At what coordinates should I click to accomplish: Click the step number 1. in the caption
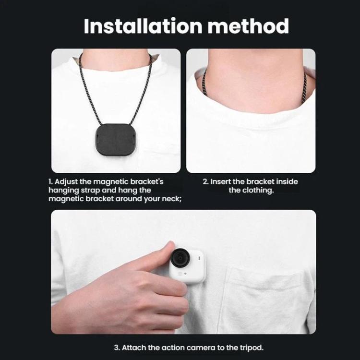[x=50, y=182]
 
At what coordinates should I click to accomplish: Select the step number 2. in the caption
[x=205, y=182]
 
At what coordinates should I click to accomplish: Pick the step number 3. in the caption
[x=117, y=348]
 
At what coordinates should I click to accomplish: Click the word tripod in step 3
[x=249, y=348]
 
